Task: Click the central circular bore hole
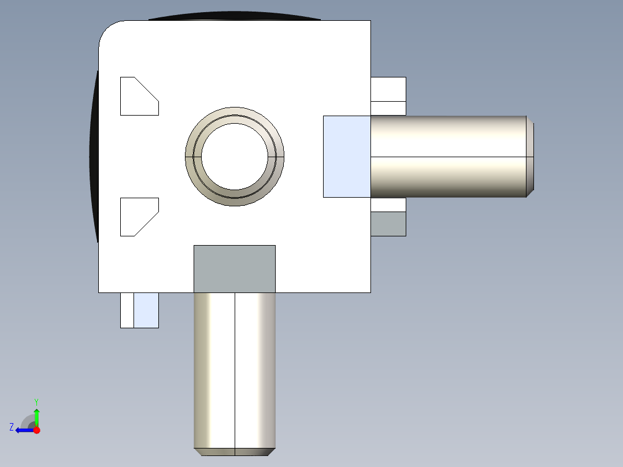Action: coord(235,157)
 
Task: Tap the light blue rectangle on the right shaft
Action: coord(346,157)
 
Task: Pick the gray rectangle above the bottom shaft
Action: coord(234,269)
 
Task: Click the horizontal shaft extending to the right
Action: coord(448,157)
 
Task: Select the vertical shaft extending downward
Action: coord(235,370)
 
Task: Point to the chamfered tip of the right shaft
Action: coord(530,157)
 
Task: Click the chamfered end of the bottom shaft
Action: coord(235,452)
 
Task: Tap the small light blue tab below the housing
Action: coord(146,310)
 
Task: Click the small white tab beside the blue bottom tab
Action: coord(127,310)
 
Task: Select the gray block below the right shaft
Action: coord(388,224)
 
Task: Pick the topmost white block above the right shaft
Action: coord(388,89)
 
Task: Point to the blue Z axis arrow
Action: coord(23,430)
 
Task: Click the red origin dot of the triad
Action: coord(36,430)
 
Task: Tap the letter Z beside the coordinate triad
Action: coord(12,427)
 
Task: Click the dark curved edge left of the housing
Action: coord(94,156)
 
